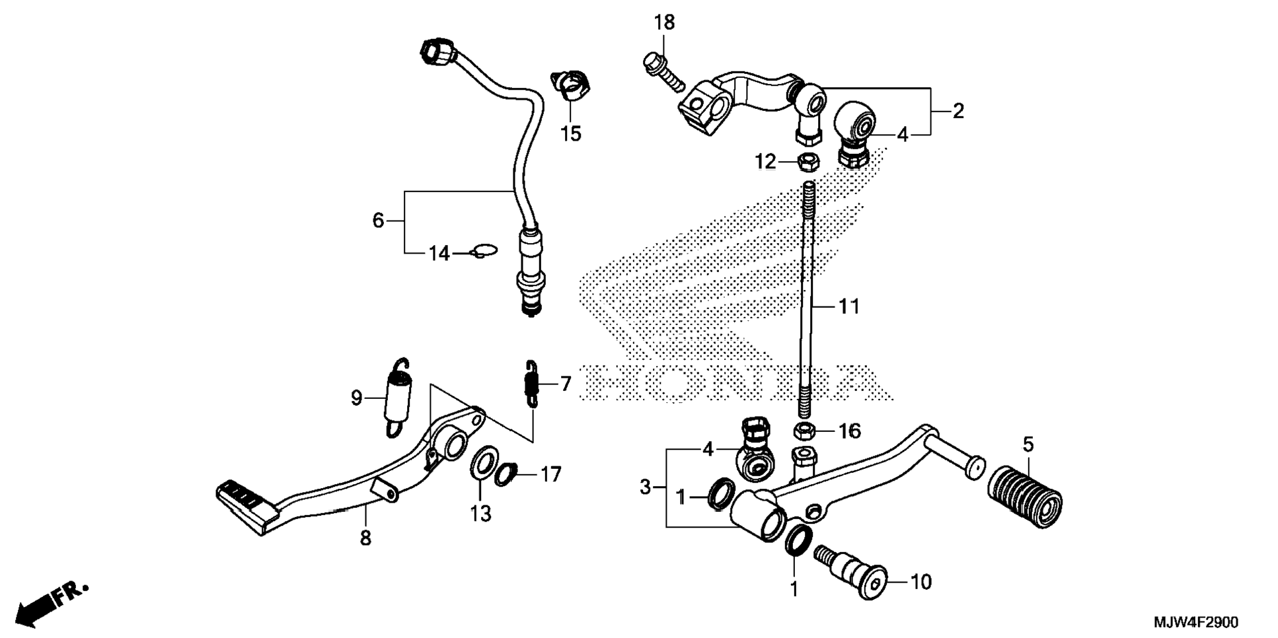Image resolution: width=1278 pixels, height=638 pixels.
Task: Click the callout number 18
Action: pos(664,23)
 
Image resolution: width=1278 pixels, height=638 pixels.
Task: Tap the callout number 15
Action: pos(570,133)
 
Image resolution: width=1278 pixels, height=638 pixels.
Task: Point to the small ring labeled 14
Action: pos(484,251)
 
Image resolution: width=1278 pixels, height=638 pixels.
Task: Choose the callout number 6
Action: pos(378,220)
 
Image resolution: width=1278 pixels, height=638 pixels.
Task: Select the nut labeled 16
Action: pos(804,431)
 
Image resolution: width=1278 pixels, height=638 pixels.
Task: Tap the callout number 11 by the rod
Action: pos(849,306)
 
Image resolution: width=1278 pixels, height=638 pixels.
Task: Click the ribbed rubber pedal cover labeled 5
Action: pos(1025,496)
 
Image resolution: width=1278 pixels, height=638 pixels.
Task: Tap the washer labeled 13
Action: pos(483,464)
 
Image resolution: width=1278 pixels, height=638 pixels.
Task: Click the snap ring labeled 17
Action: pos(507,474)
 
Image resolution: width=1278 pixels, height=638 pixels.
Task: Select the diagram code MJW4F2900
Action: pos(1195,623)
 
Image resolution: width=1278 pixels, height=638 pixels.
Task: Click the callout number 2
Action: pos(958,111)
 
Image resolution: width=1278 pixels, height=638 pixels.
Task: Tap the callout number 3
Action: pos(646,488)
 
